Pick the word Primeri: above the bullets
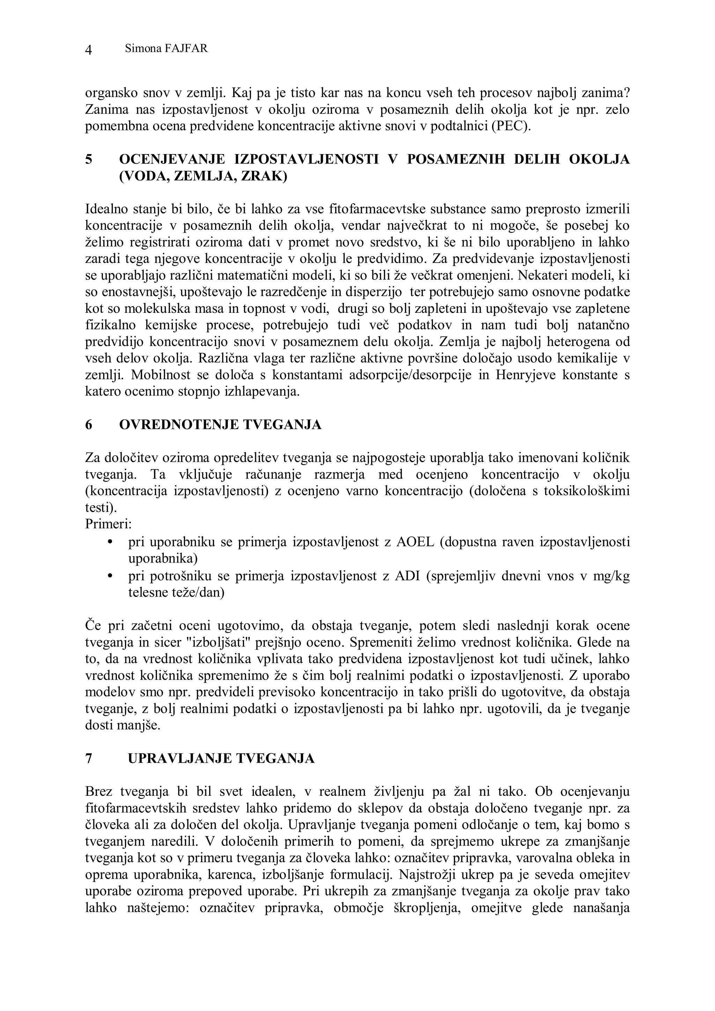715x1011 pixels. point(109,525)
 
